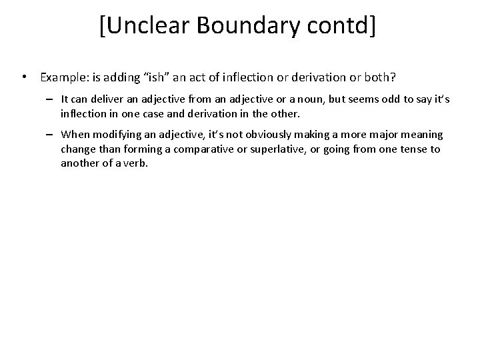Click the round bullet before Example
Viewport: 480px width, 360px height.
24,77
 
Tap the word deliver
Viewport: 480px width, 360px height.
106,99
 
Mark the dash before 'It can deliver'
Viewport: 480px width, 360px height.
51,99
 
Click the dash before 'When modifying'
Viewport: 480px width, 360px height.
51,135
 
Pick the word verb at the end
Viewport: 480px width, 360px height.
133,163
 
